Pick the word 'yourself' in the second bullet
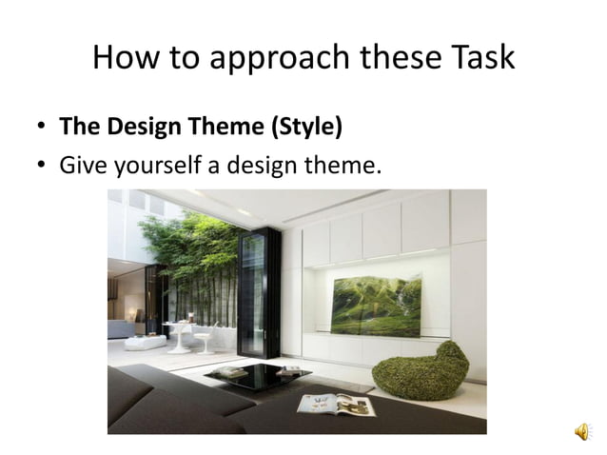[x=154, y=167]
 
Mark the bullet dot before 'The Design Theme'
[x=42, y=129]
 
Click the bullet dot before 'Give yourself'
[x=42, y=168]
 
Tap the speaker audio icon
[x=580, y=433]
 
